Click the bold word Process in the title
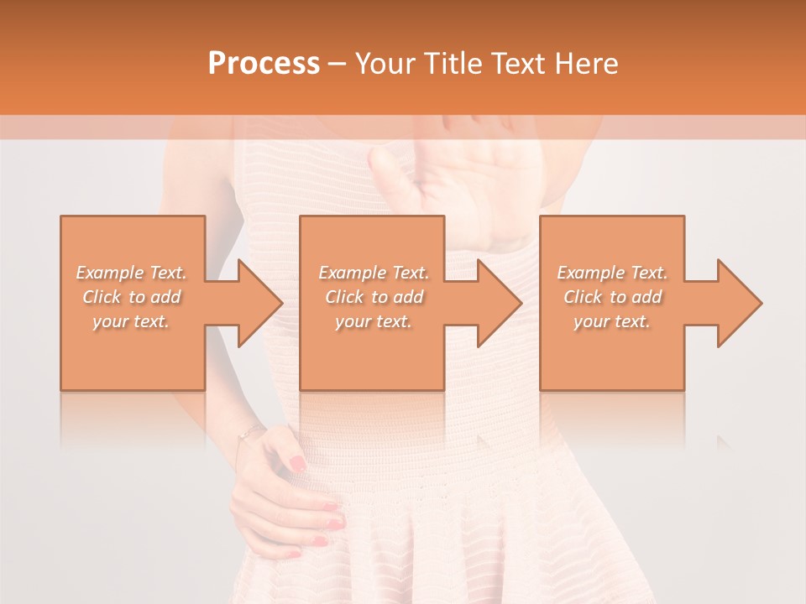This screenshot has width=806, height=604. click(x=264, y=64)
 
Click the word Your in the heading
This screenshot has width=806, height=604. click(x=385, y=64)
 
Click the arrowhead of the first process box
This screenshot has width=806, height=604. click(x=259, y=303)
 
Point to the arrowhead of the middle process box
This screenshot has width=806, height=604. click(x=498, y=303)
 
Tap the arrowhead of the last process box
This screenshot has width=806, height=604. click(x=738, y=303)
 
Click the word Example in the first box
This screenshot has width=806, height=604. click(x=109, y=273)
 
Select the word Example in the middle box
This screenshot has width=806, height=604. click(x=351, y=273)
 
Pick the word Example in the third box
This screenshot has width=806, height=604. click(x=590, y=273)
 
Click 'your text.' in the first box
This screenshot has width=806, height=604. click(x=131, y=321)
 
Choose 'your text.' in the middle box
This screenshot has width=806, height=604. click(x=373, y=321)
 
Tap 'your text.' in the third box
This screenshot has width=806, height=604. click(x=611, y=321)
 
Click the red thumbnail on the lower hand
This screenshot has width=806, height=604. click(x=297, y=463)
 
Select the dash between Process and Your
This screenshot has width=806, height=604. click(x=337, y=64)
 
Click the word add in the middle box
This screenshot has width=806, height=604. click(x=409, y=297)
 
